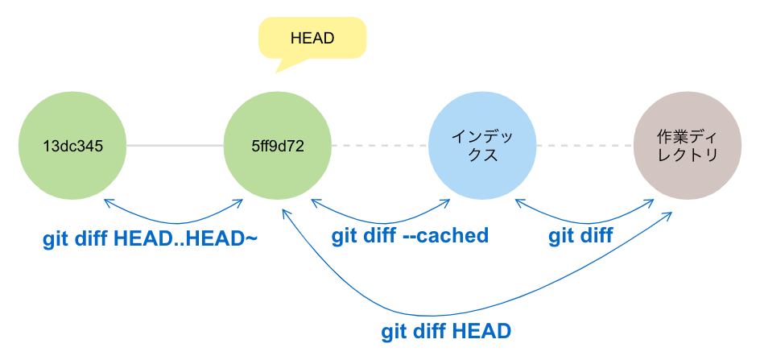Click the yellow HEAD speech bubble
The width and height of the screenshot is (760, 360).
[312, 38]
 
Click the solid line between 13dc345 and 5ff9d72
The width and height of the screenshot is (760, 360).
[175, 146]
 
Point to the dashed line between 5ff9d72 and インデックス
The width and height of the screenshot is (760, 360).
[380, 146]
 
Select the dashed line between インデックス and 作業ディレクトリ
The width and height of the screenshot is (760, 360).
[585, 146]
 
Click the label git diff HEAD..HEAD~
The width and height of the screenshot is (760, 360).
[150, 239]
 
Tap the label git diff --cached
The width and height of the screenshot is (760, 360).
[411, 236]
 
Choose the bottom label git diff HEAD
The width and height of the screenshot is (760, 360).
[446, 331]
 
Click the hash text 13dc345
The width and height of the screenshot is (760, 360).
[72, 146]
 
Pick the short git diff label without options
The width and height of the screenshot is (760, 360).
[580, 236]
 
